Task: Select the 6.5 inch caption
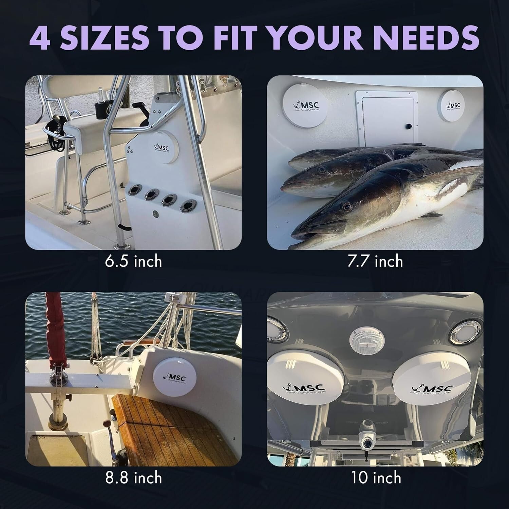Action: (133, 261)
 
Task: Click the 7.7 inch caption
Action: (375, 261)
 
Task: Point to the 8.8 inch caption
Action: (133, 478)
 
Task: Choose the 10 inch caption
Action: (376, 478)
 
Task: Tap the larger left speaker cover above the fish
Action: (305, 106)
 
